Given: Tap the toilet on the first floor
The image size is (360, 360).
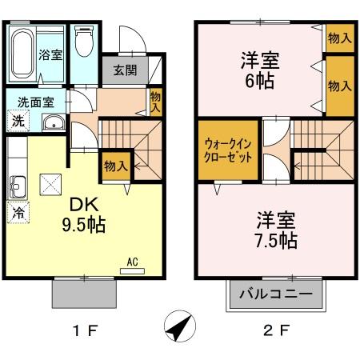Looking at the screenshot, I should tap(83, 45).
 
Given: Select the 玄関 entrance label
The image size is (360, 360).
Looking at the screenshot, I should tap(125, 70).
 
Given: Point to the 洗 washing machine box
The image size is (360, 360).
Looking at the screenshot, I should tap(16, 122).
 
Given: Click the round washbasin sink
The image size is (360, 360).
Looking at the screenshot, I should tap(53, 123).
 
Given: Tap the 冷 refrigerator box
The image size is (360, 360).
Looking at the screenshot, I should tap(16, 214).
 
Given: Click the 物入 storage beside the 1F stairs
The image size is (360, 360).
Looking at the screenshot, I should tap(115, 166).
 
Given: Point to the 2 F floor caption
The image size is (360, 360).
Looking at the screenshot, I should tap(274, 327).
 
